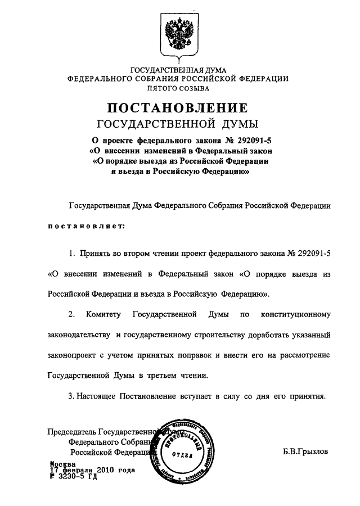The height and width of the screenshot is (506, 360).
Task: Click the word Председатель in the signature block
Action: point(70,432)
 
